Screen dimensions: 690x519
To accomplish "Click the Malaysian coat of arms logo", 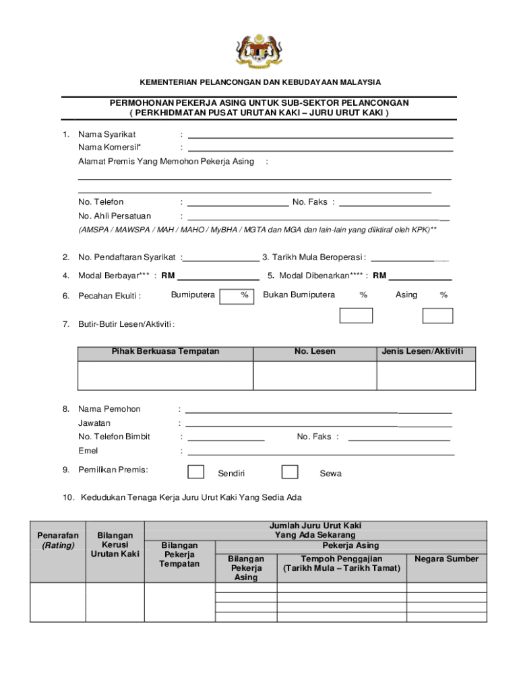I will pos(259,51).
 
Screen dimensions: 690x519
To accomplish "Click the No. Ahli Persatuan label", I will pos(114,216).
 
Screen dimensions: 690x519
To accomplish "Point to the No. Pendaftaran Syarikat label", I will pos(127,257).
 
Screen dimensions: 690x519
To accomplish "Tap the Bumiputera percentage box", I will pos(238,296).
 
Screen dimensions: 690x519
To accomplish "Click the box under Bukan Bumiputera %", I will pos(356,315).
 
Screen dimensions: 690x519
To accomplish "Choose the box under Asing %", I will pos(437,315).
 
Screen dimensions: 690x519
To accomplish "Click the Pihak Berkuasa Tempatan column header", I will pos(165,352).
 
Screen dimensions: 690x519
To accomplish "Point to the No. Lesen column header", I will pos(314,352).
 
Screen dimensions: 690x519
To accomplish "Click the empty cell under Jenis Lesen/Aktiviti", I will pos(425,375).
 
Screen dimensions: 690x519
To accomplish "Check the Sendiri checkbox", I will pos(195,472).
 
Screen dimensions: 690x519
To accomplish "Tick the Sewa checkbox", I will pos(290,472).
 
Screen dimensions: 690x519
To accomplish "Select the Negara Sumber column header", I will pos(446,559).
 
